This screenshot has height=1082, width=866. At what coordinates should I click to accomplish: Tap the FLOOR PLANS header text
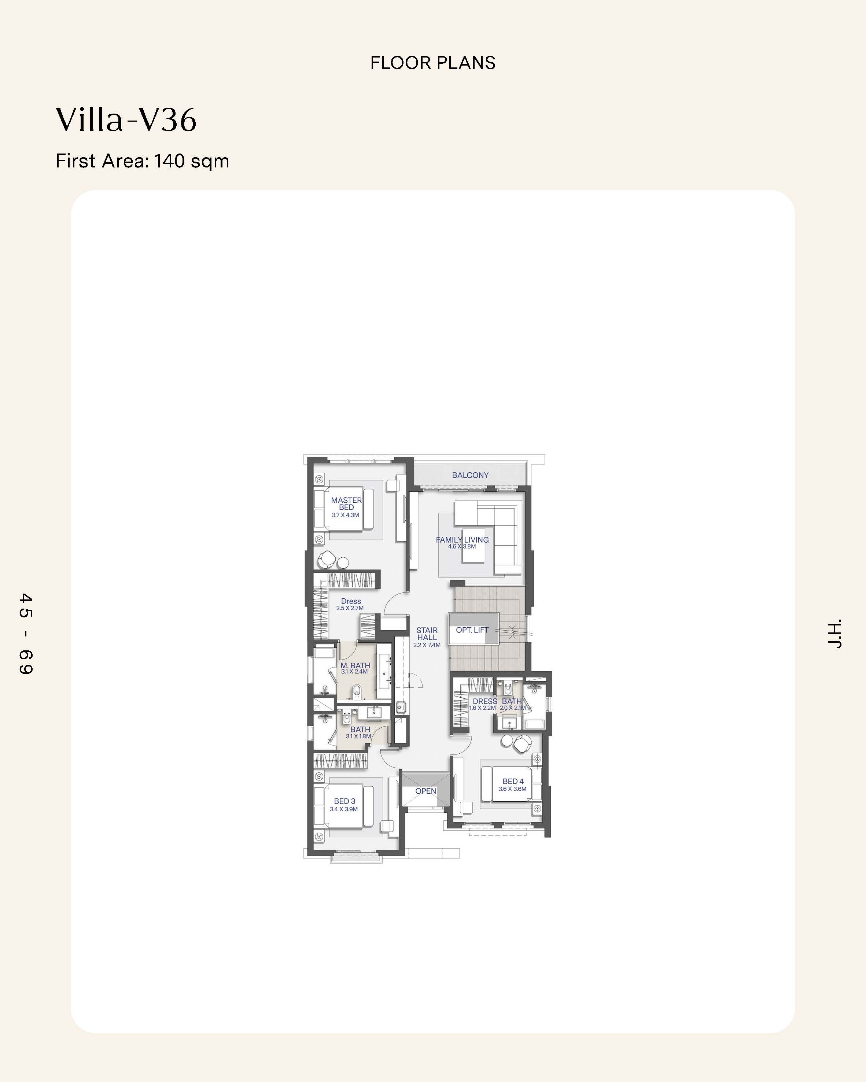[433, 63]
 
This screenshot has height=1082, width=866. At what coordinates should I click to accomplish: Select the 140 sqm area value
[191, 161]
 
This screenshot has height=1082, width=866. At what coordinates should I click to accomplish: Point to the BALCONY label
[470, 475]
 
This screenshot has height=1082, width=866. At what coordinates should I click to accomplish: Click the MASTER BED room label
[346, 504]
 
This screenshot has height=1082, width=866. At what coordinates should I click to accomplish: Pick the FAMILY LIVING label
[462, 540]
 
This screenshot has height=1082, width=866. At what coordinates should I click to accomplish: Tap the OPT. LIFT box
[473, 629]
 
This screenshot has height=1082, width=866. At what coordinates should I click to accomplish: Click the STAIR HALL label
[427, 634]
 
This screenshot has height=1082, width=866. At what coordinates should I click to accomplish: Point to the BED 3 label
[344, 801]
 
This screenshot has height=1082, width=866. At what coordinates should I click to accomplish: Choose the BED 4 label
[513, 781]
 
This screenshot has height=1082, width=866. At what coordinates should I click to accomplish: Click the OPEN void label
[426, 791]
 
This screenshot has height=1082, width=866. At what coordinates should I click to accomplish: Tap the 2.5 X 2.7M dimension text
[350, 608]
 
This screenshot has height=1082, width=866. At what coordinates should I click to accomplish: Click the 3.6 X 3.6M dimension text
[513, 789]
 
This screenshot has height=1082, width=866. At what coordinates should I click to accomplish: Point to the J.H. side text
[834, 634]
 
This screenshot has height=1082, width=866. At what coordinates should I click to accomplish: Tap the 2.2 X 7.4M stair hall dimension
[427, 645]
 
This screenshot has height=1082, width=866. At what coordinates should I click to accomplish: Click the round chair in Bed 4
[523, 744]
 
